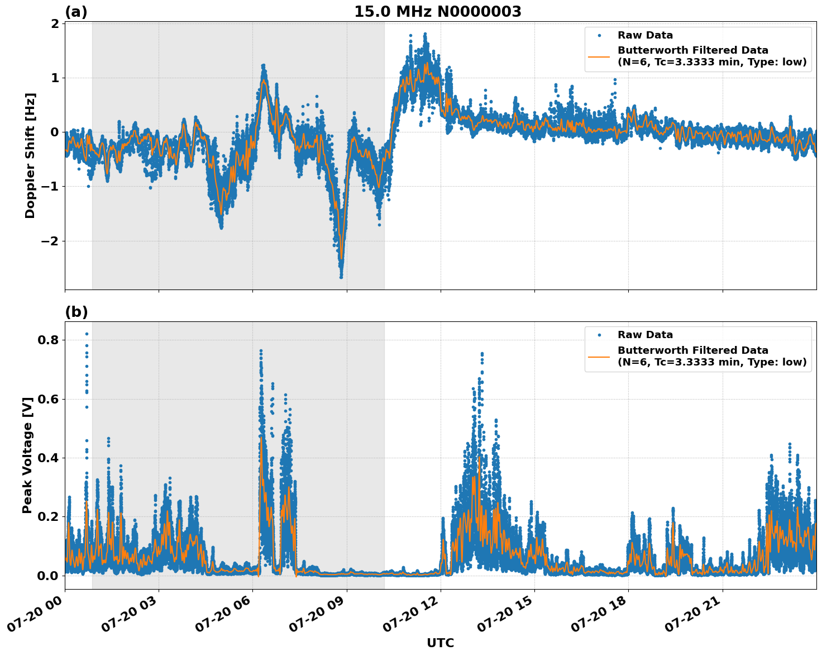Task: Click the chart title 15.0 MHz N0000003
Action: pos(437,12)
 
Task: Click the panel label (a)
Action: pos(76,12)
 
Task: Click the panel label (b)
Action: pos(76,312)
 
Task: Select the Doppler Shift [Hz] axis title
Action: pos(30,155)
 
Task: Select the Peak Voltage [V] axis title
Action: pos(27,455)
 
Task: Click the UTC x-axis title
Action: pos(440,643)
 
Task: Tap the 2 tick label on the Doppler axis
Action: pos(55,23)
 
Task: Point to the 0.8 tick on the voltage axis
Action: pos(47,340)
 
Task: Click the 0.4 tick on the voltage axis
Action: pos(47,458)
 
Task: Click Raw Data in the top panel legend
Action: pos(645,35)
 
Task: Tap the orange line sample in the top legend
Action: pos(599,56)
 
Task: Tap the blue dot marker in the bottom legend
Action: pos(599,335)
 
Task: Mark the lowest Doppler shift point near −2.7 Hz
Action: pos(341,277)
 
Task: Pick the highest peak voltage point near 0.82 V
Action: pos(87,334)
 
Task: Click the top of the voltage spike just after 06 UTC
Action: pos(260,350)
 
